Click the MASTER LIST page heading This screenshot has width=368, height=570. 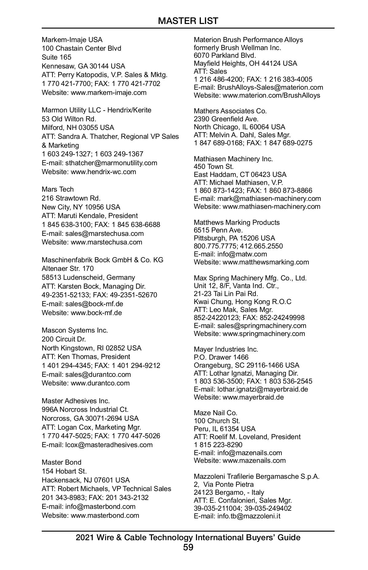(188, 21)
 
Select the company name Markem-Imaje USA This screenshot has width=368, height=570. (72, 40)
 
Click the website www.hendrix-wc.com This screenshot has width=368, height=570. (103, 172)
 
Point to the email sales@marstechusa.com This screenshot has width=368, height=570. (104, 233)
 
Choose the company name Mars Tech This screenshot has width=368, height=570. (58, 189)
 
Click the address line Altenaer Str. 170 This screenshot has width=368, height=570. (68, 268)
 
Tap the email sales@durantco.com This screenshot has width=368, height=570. (98, 374)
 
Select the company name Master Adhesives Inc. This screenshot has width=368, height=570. (76, 401)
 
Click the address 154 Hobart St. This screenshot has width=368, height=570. (64, 471)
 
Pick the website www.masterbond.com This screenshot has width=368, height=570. (105, 515)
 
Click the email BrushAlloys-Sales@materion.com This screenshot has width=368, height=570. (270, 87)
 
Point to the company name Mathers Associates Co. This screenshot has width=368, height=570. (230, 111)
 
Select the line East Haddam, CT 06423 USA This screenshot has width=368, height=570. (240, 174)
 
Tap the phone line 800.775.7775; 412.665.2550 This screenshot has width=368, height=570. (238, 246)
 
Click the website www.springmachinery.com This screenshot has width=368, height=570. (264, 334)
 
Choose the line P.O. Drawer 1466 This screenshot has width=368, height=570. (221, 357)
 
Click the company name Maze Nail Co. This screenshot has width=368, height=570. (216, 413)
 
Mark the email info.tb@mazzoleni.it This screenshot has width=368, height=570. (249, 516)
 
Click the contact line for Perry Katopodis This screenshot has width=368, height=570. (105, 75)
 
